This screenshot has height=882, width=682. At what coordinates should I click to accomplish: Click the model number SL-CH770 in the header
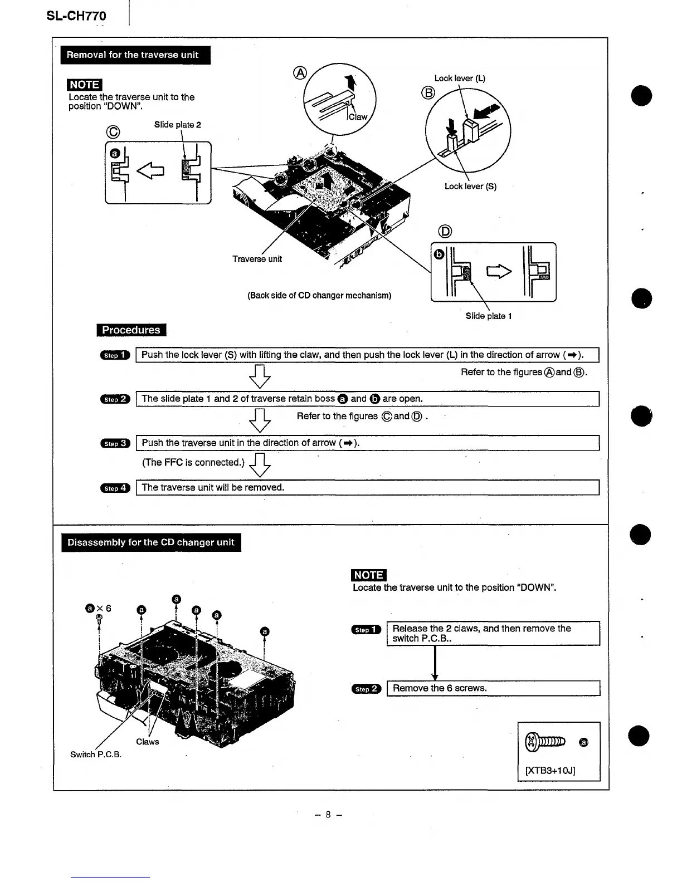click(76, 16)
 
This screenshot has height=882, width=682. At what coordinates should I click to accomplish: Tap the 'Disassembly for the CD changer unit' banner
click(151, 542)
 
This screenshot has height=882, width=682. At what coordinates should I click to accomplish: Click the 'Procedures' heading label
click(131, 330)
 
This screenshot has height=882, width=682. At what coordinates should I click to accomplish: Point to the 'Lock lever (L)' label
click(460, 79)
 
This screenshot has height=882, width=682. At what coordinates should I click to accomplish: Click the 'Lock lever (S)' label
click(470, 187)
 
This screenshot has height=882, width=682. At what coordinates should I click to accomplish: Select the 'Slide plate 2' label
click(177, 125)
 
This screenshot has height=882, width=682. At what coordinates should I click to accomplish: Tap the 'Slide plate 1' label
click(489, 316)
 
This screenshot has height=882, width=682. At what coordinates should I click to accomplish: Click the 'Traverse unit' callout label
click(257, 259)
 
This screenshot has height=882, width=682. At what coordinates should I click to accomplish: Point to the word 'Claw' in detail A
click(358, 117)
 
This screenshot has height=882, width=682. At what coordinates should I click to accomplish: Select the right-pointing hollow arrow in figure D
click(500, 272)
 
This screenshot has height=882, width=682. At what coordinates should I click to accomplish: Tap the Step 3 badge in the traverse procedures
click(115, 444)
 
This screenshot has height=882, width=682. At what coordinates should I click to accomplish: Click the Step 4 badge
click(115, 488)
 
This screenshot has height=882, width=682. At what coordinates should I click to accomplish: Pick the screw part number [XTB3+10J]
click(550, 771)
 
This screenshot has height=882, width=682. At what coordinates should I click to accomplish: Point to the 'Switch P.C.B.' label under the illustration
click(96, 754)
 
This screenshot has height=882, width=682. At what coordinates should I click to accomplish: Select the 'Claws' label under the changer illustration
click(148, 742)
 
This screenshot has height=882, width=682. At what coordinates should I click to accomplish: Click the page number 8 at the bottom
click(328, 815)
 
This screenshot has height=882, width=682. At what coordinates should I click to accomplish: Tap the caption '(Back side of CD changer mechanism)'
click(319, 296)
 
